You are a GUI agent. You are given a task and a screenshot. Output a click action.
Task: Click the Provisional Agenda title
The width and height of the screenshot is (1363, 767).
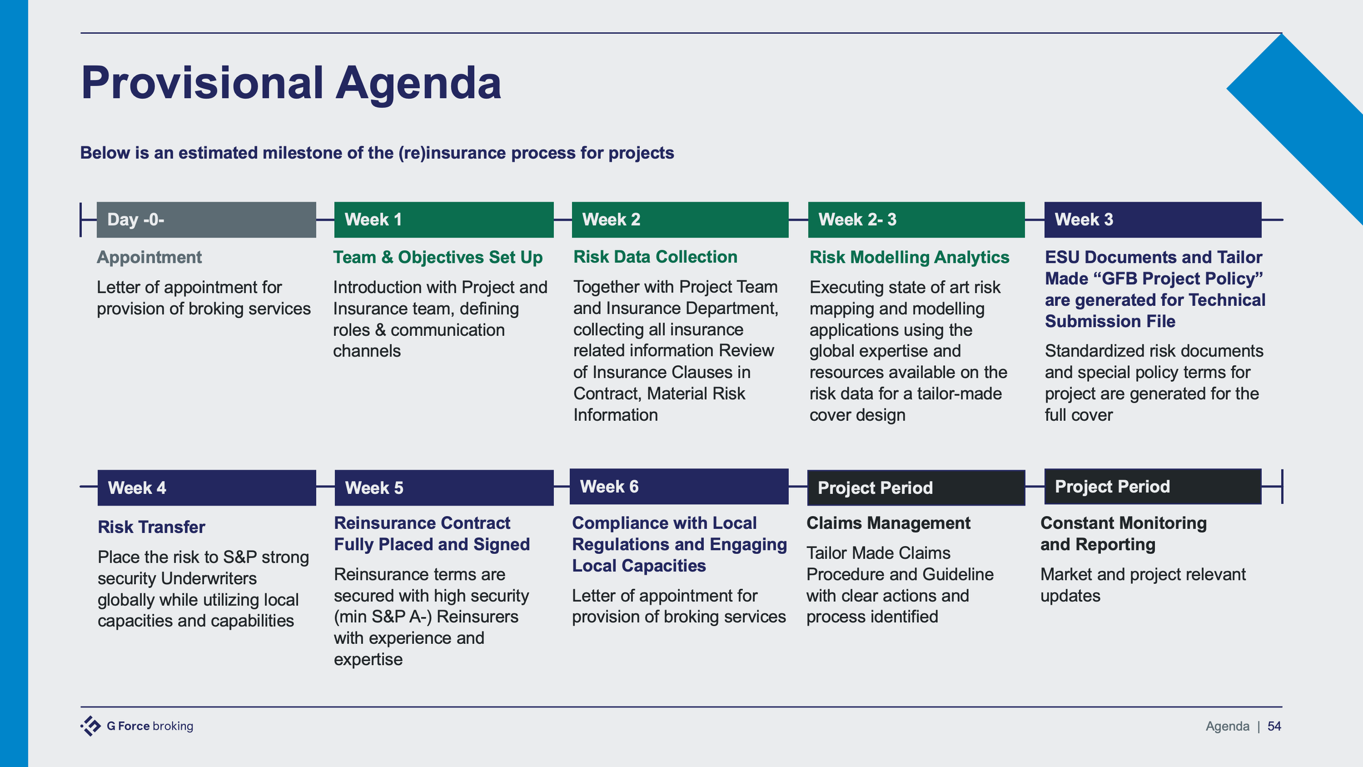tap(291, 83)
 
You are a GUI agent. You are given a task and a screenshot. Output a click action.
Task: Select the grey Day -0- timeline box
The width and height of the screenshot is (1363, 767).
tap(206, 220)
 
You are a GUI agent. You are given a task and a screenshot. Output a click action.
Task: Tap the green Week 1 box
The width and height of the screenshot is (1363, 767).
tap(443, 220)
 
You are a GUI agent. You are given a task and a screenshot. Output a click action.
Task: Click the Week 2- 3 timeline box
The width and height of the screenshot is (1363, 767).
tap(916, 220)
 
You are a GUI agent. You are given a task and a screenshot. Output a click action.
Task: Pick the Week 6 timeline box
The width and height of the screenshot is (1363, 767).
tap(679, 486)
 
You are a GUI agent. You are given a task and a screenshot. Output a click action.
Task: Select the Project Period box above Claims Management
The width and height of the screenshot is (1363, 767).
tap(916, 488)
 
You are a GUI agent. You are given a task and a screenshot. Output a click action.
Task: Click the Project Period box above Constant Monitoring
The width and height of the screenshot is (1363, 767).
tap(1153, 486)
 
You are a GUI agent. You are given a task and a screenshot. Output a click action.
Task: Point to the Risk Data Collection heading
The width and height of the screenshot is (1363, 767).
tap(655, 257)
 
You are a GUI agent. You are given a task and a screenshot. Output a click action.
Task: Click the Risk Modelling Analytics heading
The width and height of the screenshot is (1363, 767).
tap(909, 257)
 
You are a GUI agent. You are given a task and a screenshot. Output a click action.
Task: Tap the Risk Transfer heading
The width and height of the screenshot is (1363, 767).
tap(151, 527)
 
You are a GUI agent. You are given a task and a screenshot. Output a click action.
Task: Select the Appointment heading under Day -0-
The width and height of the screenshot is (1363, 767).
tap(149, 257)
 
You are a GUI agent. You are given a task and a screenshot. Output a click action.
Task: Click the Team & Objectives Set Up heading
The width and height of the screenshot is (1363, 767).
tap(437, 257)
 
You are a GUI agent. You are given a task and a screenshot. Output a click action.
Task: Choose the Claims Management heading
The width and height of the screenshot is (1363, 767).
tap(888, 523)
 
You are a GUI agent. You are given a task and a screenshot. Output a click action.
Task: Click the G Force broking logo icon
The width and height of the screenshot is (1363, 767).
tap(91, 726)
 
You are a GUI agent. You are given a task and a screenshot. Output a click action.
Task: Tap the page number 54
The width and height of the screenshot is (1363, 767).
tap(1274, 726)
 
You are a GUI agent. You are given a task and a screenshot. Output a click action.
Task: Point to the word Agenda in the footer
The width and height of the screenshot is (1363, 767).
tap(1227, 726)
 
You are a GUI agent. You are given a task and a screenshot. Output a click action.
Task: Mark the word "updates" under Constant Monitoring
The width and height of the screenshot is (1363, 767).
tap(1070, 596)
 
